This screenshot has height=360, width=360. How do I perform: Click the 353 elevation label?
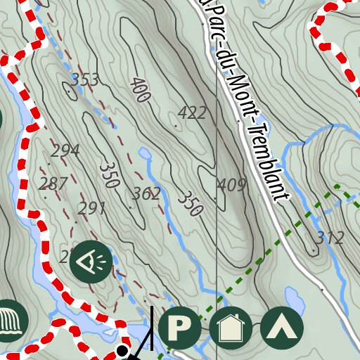[84, 79]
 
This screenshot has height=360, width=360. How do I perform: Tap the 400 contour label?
[140, 91]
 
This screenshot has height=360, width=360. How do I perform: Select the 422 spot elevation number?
[192, 112]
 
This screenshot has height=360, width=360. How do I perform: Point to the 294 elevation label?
[65, 150]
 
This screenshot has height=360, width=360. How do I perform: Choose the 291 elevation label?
[91, 208]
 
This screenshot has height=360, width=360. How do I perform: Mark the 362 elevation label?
[146, 194]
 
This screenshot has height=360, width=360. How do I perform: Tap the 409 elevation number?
[231, 185]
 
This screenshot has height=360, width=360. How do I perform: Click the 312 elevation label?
[329, 238]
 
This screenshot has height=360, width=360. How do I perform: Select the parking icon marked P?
[180, 328]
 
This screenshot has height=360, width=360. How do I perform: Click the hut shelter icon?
[231, 328]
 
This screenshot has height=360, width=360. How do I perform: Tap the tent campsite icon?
[281, 328]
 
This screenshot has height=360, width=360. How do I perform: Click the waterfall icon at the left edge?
[10, 321]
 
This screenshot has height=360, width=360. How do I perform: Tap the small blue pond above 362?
[145, 153]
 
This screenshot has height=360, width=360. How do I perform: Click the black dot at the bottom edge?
[122, 350]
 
